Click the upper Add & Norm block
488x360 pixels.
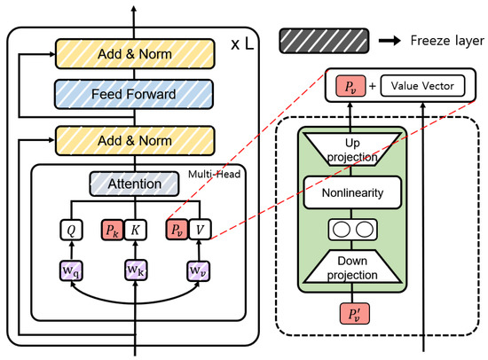coord(136,54)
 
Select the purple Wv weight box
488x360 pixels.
coord(198,268)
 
